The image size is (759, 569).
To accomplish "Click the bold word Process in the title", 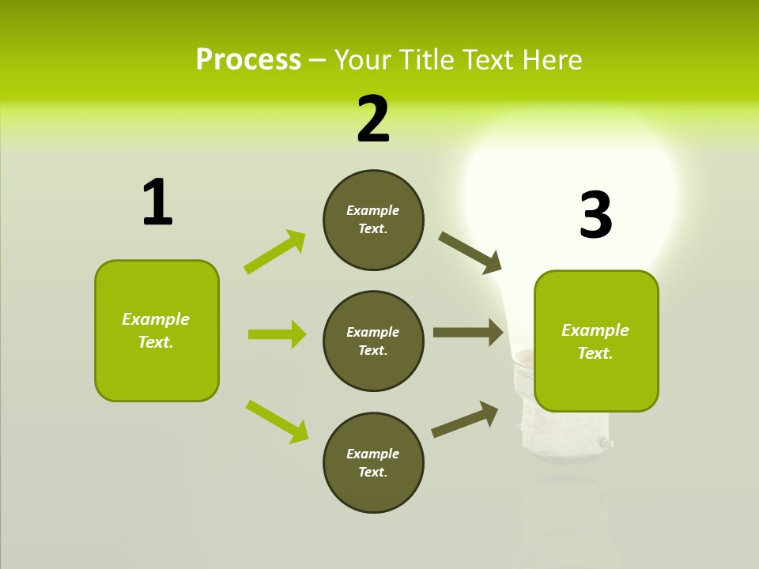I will (248, 60).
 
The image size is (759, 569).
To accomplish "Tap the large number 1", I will (157, 202).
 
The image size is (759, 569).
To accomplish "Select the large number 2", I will (373, 119).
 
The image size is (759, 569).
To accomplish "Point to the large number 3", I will (595, 215).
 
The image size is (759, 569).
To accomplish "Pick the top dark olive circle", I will (373, 220).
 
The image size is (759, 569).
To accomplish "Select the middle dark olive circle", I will (373, 341).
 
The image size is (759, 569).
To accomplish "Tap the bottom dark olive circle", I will (373, 462).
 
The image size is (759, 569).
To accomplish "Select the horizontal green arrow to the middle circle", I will (277, 334).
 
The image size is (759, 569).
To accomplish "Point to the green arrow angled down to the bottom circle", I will (277, 421).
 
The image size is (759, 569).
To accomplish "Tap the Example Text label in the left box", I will (156, 330).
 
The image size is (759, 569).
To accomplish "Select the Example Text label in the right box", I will (595, 341).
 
